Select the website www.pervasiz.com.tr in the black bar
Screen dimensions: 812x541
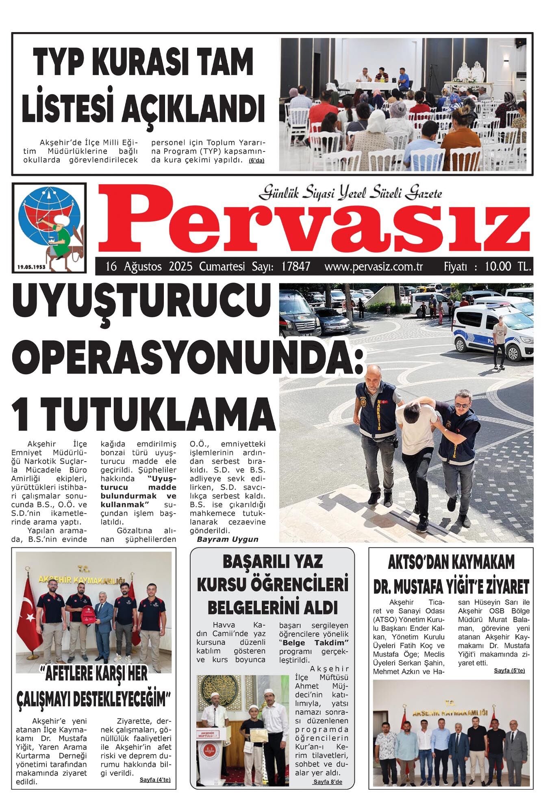tap(374, 267)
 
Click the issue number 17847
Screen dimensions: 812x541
tap(295, 267)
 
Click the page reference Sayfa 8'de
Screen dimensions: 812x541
tap(328, 782)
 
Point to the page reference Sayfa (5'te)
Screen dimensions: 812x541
tap(509, 670)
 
